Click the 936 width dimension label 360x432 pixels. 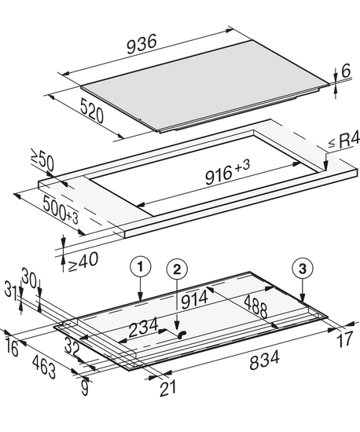click(141, 43)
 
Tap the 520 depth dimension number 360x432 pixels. click(92, 111)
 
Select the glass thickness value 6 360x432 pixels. click(346, 71)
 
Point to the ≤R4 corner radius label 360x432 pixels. click(344, 141)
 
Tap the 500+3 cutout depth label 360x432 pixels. click(61, 208)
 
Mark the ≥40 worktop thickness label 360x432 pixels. click(83, 262)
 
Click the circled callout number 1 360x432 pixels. click(141, 267)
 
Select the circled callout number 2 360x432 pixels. click(177, 269)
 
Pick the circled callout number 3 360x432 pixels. click(303, 269)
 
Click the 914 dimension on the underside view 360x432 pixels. click(195, 299)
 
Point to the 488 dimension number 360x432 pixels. click(255, 306)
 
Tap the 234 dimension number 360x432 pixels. click(144, 327)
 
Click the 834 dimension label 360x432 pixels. click(264, 360)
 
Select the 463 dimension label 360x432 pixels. click(44, 367)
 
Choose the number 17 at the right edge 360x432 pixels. click(345, 339)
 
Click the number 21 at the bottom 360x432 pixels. click(168, 388)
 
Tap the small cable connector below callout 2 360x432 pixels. click(182, 334)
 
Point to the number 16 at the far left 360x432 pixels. click(12, 348)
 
